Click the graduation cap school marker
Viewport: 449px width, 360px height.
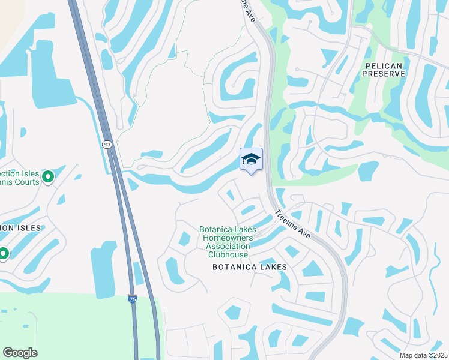point(251,160)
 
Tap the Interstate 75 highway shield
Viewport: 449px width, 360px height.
point(131,299)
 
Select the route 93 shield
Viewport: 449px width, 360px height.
point(107,145)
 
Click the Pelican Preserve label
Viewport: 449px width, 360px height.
point(384,68)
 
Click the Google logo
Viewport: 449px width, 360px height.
point(20,353)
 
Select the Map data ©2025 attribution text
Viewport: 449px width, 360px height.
point(423,355)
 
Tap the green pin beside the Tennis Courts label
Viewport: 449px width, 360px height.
point(49,176)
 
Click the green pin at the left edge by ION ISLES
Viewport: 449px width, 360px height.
point(3,254)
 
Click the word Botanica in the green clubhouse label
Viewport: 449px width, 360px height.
point(220,230)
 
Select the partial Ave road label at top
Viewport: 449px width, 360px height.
point(249,12)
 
